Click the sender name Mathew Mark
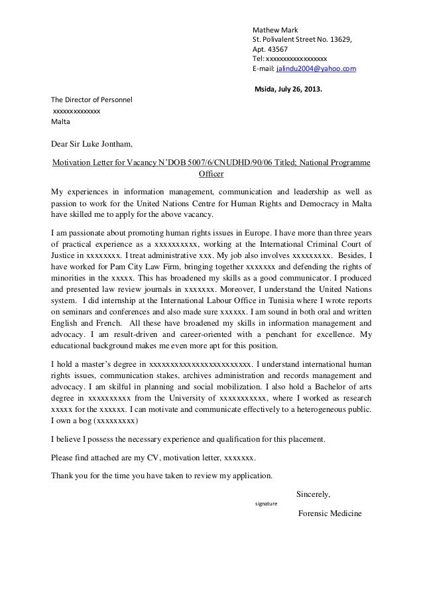tap(275, 30)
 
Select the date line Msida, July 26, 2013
tap(286, 90)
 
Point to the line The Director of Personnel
tap(92, 100)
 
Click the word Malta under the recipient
tap(60, 122)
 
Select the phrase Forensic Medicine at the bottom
tap(330, 514)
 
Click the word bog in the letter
tap(82, 421)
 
